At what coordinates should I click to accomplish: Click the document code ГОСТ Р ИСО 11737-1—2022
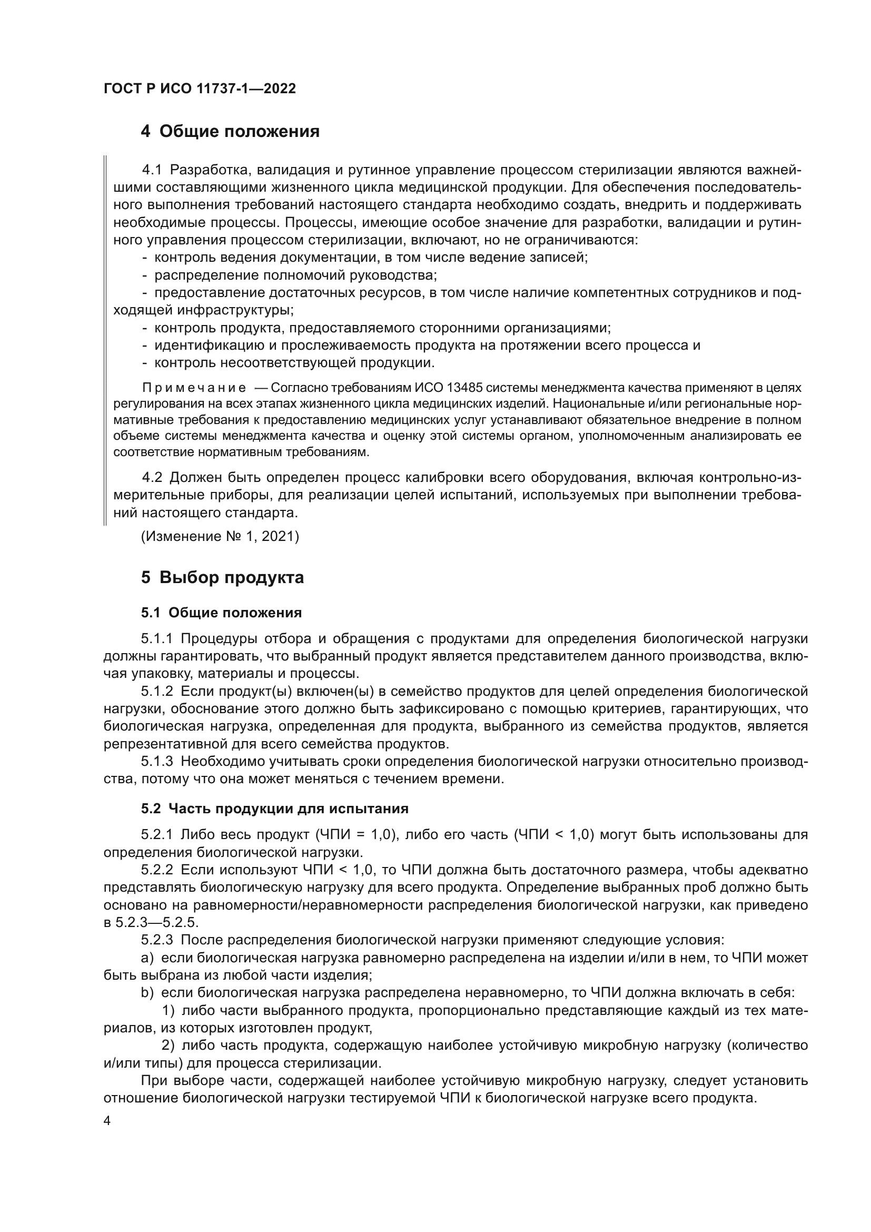[200, 89]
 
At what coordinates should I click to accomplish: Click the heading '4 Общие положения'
[230, 132]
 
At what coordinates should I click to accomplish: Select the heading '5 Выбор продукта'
[223, 577]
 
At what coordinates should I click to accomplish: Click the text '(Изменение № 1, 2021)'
[220, 537]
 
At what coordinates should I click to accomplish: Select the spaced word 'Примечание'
[194, 388]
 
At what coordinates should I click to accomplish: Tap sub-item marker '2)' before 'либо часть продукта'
[169, 1045]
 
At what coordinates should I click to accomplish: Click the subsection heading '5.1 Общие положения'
[222, 613]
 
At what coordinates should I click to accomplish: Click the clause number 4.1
[152, 171]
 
